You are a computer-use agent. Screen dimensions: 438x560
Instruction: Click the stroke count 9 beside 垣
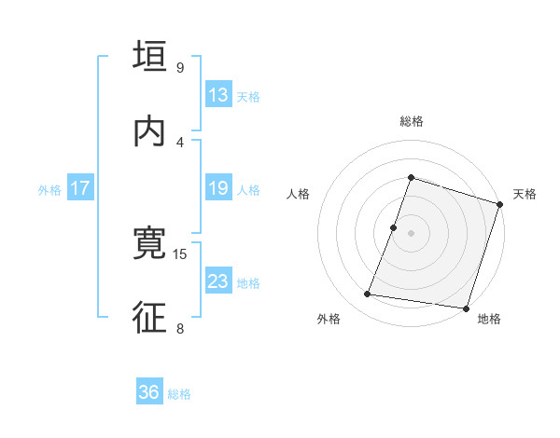(x=179, y=67)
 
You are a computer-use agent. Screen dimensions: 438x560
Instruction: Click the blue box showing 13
(x=218, y=95)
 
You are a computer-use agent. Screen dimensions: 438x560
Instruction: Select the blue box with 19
(x=218, y=188)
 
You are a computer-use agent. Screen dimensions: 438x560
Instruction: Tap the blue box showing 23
(x=218, y=281)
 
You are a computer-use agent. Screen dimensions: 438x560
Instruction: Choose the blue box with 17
(x=80, y=188)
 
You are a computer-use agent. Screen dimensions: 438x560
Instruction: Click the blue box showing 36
(x=149, y=392)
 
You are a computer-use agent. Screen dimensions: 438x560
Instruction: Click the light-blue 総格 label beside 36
(x=180, y=394)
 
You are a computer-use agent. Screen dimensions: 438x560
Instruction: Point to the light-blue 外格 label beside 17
(x=49, y=190)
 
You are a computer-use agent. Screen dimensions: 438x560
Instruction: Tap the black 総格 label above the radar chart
(x=412, y=122)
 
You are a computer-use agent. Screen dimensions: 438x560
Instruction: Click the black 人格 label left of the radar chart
(x=298, y=194)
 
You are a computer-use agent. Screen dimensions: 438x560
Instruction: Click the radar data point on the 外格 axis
(x=367, y=294)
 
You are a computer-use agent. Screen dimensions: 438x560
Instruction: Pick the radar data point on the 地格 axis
(x=465, y=308)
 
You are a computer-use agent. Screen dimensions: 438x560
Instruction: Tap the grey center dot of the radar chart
(x=412, y=233)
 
